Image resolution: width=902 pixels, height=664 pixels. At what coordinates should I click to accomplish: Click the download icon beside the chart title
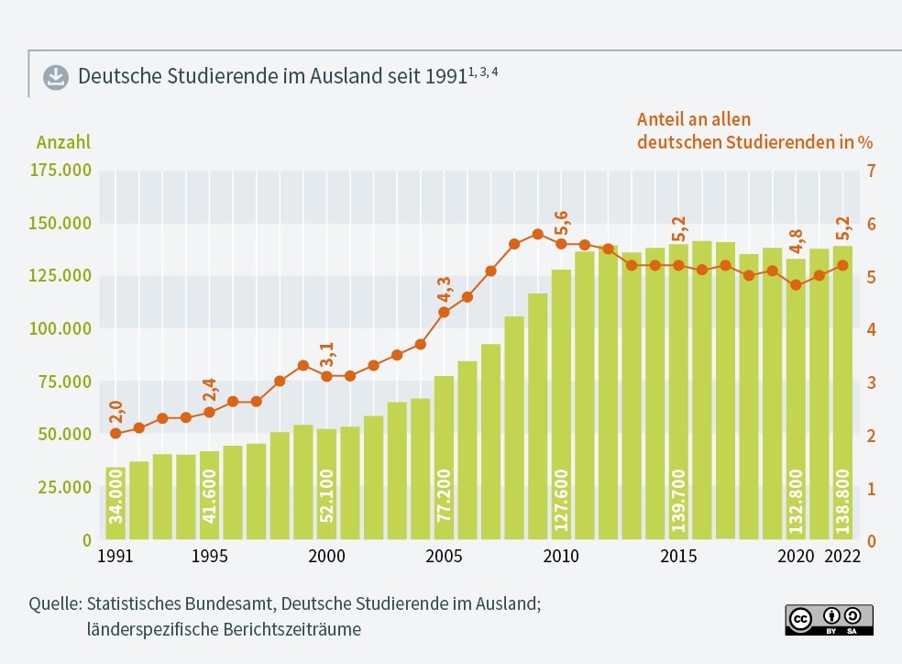56,76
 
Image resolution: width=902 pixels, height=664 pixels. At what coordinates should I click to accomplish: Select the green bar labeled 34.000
115,504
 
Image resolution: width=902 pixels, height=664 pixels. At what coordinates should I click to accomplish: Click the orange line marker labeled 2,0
115,433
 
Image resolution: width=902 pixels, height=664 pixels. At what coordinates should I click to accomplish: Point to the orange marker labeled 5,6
561,244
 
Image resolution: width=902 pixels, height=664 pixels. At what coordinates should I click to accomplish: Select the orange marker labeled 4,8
796,285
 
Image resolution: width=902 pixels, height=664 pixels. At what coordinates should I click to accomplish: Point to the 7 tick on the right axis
871,171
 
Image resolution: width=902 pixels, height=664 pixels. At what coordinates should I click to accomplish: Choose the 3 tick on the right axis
871,382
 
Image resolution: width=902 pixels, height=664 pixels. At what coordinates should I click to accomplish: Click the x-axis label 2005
444,557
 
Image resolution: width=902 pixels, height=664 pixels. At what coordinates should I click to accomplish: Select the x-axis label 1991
115,557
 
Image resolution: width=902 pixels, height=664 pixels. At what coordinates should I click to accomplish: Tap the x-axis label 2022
842,557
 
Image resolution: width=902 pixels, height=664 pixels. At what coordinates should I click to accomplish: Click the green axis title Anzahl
63,142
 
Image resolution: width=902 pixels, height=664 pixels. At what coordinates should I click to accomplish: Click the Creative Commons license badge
829,619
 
